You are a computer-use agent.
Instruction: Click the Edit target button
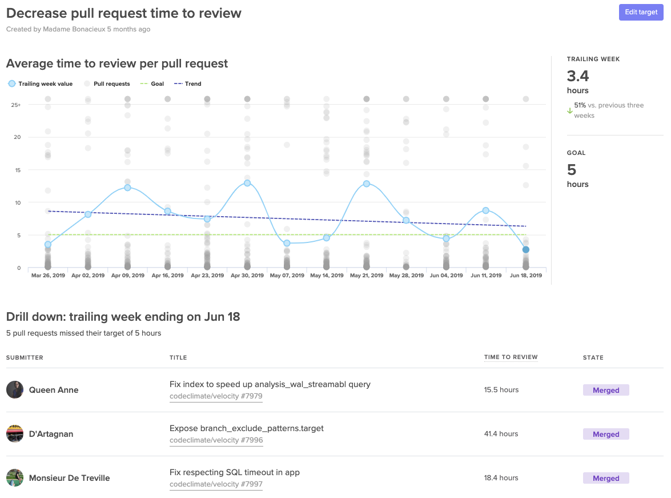[x=641, y=12]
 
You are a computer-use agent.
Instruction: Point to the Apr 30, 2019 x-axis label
[x=247, y=276]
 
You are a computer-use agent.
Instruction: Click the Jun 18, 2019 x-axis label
[x=525, y=276]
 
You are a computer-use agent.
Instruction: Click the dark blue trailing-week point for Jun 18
[x=525, y=250]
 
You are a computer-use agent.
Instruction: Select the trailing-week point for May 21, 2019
[x=366, y=184]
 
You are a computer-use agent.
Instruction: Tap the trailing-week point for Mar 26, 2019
[x=48, y=245]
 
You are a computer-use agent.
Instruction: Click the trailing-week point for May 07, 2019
[x=287, y=243]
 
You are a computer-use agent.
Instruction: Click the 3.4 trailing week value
[x=578, y=76]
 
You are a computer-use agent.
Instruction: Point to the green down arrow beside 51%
[x=569, y=111]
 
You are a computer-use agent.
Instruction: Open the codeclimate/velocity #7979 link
[x=216, y=396]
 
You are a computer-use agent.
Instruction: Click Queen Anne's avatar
[x=15, y=390]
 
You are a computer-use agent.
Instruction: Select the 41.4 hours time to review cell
[x=501, y=434]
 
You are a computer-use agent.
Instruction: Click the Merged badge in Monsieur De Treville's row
[x=606, y=478]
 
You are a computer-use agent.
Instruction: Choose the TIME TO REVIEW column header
[x=511, y=357]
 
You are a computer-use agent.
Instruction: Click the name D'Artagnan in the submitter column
[x=51, y=434]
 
